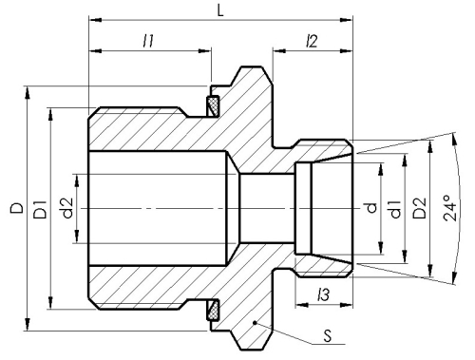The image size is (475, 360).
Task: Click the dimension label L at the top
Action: coord(220,10)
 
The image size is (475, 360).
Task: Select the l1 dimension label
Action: coord(148,41)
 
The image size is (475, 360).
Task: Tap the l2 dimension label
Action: coord(312,41)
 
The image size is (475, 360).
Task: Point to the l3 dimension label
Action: coord(323,295)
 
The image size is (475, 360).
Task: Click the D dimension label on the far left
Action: coord(17,208)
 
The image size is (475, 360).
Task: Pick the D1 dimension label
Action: coord(40,209)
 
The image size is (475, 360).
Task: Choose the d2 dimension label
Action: coord(67,208)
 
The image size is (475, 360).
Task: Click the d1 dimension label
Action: coord(395,209)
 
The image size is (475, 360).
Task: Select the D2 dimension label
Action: coord(420,208)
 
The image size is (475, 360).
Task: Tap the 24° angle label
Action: coord(450,208)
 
